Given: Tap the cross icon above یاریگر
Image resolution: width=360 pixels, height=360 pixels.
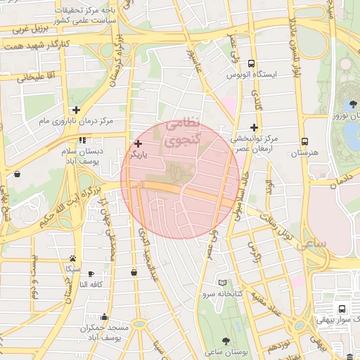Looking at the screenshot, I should pos(138,143).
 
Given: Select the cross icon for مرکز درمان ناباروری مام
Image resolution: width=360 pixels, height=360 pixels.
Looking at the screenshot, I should pos(76,110).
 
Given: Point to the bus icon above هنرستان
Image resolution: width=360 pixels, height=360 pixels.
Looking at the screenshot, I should pos(304,141).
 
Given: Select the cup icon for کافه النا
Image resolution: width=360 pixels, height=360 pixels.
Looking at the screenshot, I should pos(91,274).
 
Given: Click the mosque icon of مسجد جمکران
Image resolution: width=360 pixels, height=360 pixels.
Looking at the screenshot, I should pos(104,317).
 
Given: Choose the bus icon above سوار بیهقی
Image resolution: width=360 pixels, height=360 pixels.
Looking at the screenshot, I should pos(342,308).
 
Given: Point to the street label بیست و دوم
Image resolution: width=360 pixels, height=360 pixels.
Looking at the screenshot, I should pos(34,274).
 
